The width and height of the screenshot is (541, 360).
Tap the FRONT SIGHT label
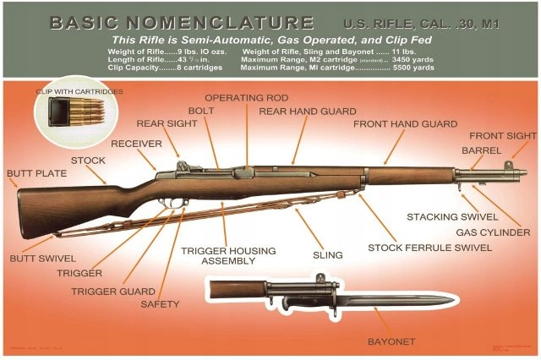[x=502, y=135]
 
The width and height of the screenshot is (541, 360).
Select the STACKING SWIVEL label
[x=452, y=217]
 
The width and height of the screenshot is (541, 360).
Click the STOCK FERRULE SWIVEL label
[x=429, y=248]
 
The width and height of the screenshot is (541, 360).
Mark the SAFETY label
[x=160, y=303]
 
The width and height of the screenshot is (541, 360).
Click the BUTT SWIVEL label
[x=42, y=258]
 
